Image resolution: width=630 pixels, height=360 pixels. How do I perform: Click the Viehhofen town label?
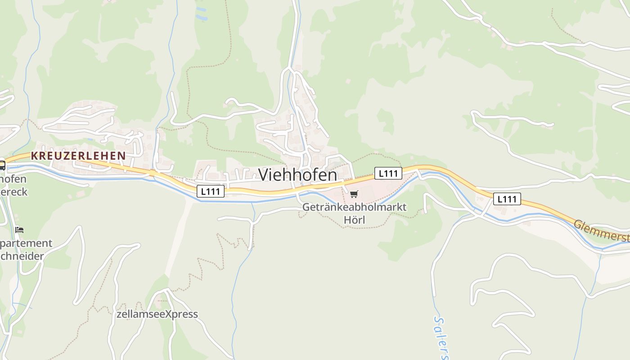297,175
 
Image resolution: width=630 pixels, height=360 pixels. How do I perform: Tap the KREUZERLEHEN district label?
78,156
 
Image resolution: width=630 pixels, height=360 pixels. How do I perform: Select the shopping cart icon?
354,194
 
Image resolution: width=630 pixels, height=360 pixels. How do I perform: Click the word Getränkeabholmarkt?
354,207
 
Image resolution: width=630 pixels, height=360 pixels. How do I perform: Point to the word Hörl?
354,220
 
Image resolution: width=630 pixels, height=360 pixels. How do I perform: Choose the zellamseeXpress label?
157,314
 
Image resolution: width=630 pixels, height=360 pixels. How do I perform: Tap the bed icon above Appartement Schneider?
19,229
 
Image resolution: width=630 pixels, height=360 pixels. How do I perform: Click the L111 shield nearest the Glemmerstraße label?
507,199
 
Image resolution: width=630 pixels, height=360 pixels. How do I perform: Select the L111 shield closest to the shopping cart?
388,173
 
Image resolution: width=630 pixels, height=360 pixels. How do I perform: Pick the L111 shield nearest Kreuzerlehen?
211,191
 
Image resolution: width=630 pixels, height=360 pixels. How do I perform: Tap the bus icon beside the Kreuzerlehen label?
2,165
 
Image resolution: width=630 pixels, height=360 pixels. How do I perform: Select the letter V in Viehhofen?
264,175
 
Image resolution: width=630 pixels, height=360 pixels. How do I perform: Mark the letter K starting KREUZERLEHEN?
34,156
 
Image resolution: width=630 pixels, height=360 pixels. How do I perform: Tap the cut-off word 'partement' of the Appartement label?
26,243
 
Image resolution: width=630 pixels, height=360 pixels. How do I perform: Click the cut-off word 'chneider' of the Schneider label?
22,256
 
